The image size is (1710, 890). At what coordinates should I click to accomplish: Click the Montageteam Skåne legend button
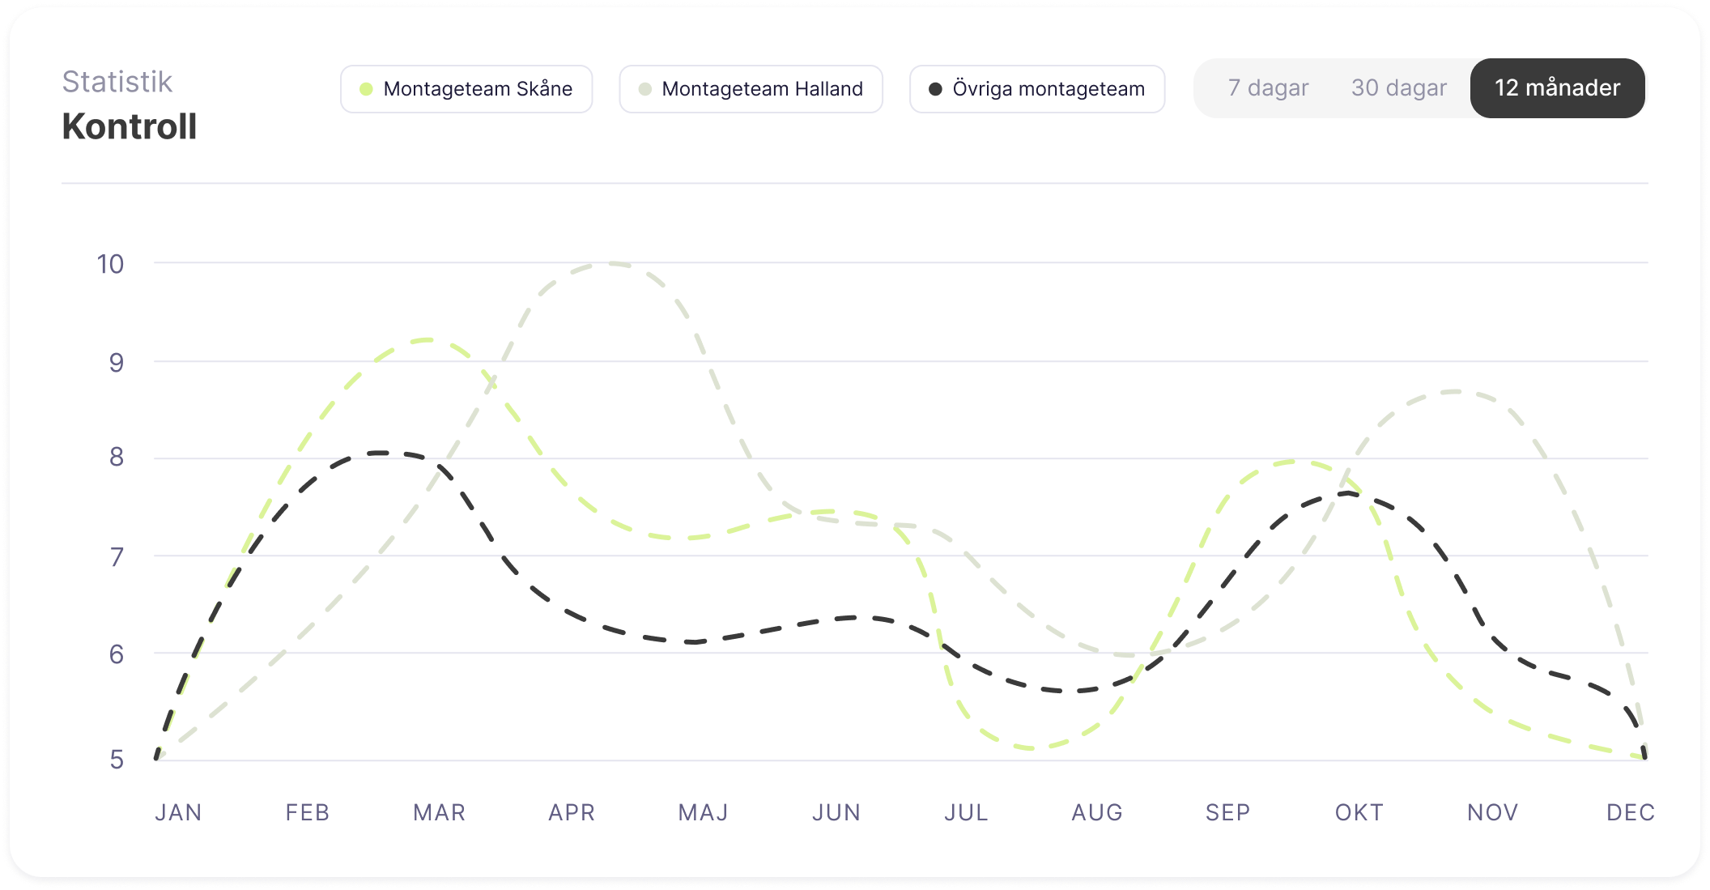[x=466, y=89]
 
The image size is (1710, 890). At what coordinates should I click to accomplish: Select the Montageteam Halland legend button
[x=751, y=89]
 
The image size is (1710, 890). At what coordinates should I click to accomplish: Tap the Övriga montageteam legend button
[x=1036, y=89]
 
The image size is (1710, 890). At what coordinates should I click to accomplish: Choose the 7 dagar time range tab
[x=1268, y=88]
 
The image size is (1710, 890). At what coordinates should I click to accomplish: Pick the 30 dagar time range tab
[x=1398, y=88]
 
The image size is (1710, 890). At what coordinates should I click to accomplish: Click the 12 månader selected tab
[x=1557, y=88]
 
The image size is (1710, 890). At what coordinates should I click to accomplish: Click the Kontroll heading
[x=130, y=127]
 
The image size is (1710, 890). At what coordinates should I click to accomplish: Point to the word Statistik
[x=117, y=82]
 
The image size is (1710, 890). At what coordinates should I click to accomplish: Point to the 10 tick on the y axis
[x=110, y=264]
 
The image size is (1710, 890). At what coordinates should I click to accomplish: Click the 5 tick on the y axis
[x=117, y=760]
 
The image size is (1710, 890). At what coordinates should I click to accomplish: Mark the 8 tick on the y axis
[x=117, y=458]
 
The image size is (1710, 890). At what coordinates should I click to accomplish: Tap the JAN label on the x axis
[x=178, y=812]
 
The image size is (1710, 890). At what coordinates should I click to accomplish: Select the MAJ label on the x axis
[x=703, y=812]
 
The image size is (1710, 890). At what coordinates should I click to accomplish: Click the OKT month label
[x=1359, y=812]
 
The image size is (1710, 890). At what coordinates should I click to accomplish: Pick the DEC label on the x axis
[x=1630, y=812]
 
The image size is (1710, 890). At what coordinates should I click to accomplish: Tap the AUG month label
[x=1097, y=812]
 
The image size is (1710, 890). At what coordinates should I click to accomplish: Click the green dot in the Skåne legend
[x=366, y=89]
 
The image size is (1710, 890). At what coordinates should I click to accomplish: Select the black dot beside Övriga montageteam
[x=935, y=89]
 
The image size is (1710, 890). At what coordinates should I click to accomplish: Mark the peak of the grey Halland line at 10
[x=612, y=263]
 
